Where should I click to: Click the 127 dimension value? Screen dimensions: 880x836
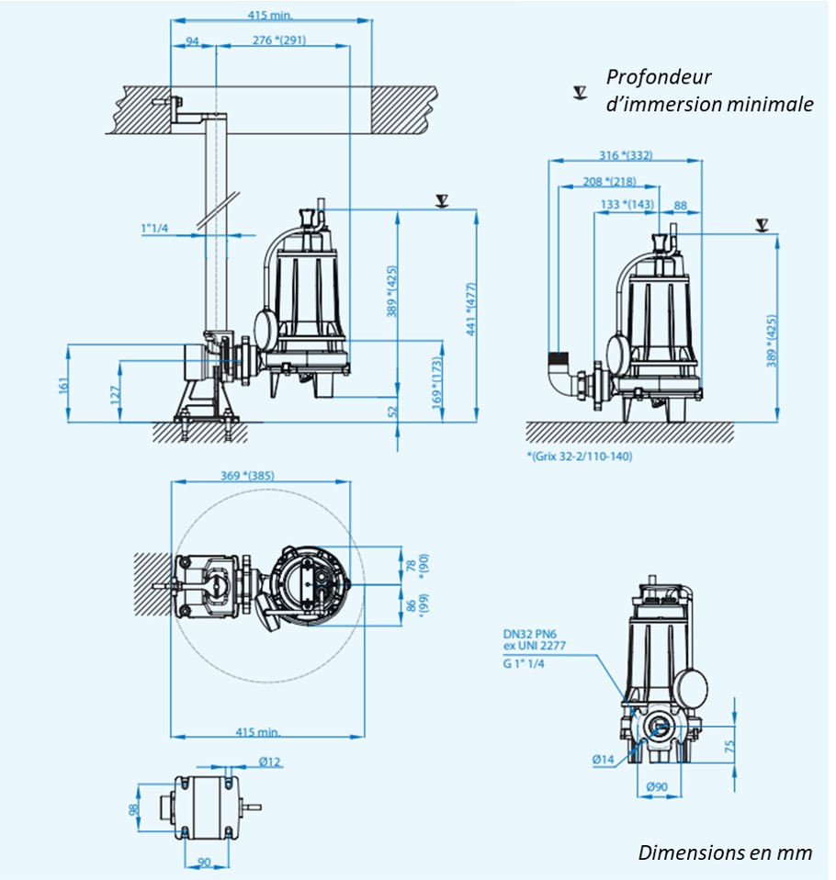[x=113, y=393]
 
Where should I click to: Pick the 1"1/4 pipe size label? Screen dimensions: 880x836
[x=154, y=228]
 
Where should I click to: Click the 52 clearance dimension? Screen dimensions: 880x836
[x=394, y=410]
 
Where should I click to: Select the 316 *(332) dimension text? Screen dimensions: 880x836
[x=624, y=155]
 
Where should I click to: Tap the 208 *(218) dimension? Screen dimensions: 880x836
[x=609, y=181]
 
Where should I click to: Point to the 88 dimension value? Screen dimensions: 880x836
[x=680, y=204]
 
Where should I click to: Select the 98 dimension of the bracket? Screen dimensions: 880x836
[x=133, y=809]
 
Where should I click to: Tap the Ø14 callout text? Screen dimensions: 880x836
[x=604, y=759]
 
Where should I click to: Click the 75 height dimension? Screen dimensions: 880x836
[x=729, y=745]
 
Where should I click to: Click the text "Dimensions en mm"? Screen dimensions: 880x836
[x=725, y=852]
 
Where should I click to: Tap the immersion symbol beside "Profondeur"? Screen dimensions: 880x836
[x=580, y=91]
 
